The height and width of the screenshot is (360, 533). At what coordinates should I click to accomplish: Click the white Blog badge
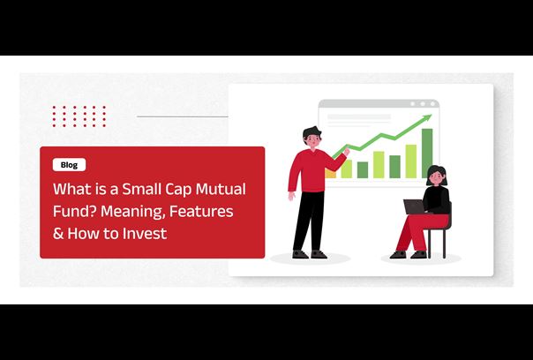point(69,165)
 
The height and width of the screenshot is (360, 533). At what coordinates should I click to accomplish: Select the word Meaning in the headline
point(133,212)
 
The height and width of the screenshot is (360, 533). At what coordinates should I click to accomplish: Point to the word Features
point(201,211)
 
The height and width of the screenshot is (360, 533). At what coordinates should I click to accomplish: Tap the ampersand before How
point(58,234)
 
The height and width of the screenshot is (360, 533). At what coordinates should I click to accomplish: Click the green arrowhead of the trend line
point(427,118)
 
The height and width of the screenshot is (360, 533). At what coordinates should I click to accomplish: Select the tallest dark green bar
point(427,153)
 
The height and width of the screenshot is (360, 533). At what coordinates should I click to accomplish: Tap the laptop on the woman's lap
point(415,206)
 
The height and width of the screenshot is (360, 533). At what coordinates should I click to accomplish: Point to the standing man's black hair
point(312,131)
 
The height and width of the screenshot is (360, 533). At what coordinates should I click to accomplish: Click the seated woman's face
point(436,177)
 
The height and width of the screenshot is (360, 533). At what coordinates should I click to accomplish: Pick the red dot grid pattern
point(79,116)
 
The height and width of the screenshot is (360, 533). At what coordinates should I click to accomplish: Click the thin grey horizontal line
point(182,116)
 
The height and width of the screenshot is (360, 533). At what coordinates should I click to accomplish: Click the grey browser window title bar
point(379,104)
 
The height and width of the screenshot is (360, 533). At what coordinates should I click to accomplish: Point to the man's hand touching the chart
point(346,151)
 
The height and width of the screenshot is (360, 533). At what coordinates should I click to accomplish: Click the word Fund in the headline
point(72,211)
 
